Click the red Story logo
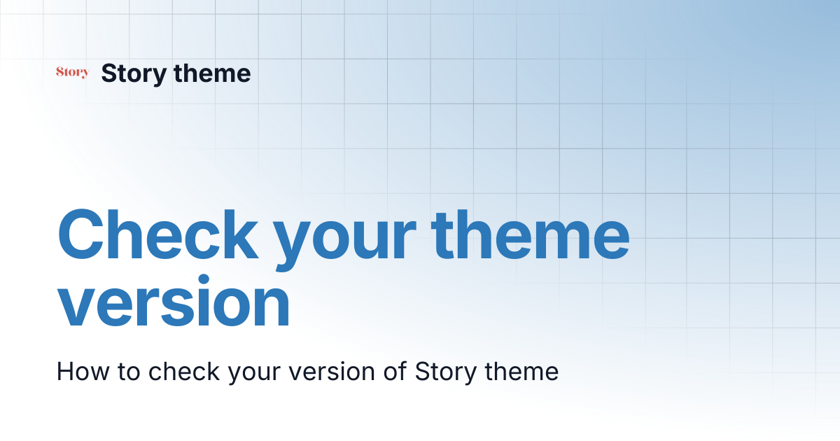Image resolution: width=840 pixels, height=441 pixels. click(72, 72)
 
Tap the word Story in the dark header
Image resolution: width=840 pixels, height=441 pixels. click(134, 74)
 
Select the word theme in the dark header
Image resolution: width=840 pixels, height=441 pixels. click(212, 73)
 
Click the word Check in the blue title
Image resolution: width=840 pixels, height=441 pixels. click(158, 234)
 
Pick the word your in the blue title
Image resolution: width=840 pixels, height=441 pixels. click(344, 240)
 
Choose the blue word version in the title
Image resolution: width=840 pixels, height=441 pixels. click(174, 301)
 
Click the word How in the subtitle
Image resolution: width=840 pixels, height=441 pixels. click(83, 372)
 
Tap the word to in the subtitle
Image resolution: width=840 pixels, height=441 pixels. click(129, 372)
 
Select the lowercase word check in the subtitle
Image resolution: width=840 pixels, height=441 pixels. click(183, 372)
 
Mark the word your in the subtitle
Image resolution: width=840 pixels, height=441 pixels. click(254, 374)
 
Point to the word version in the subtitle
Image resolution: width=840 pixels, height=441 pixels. click(332, 372)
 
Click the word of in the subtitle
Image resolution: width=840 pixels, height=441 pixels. click(395, 371)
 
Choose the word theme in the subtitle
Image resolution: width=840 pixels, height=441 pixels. click(521, 371)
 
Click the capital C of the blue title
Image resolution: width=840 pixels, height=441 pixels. click(80, 234)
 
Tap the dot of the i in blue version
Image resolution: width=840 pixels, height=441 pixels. click(203, 280)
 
